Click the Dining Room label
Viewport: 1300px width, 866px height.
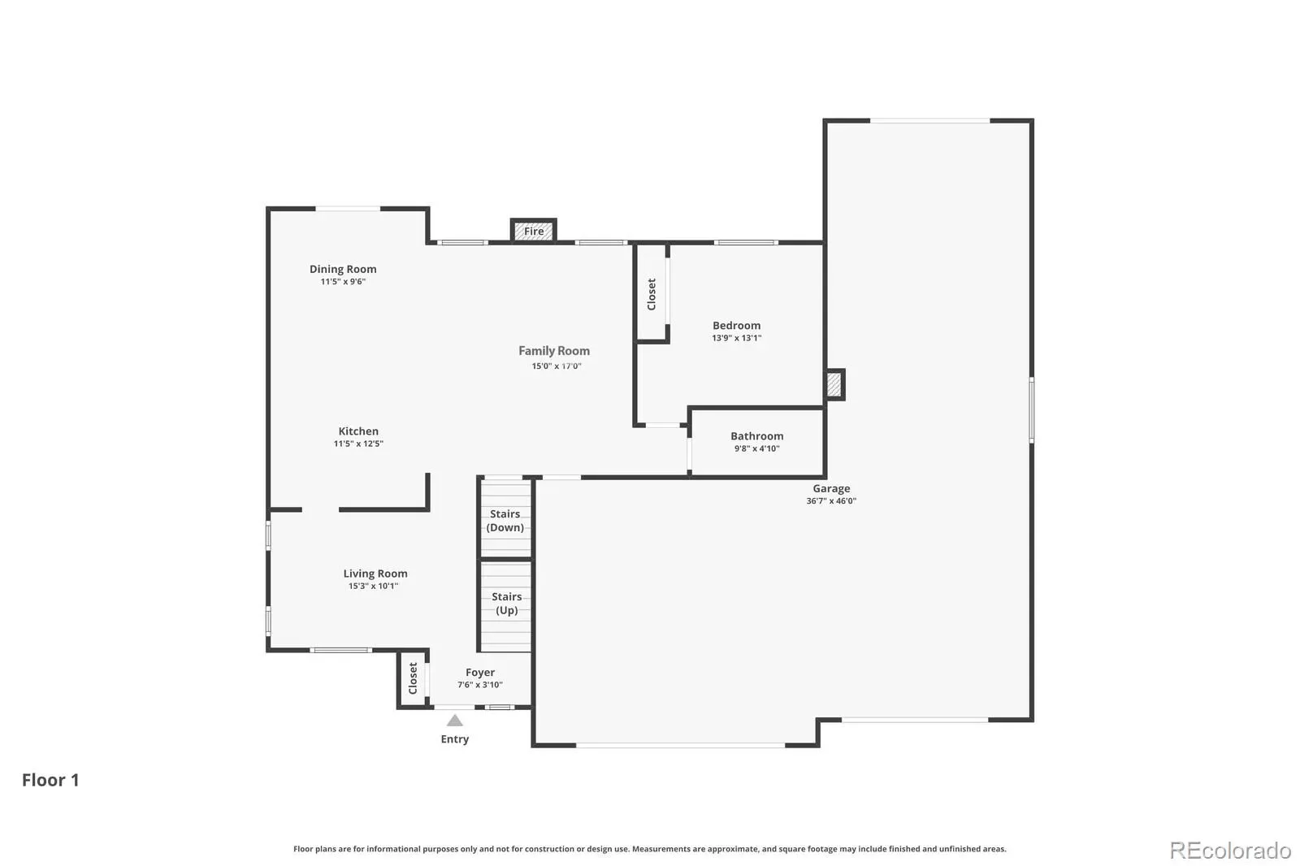[x=343, y=269]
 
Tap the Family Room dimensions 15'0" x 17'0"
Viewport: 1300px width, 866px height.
[x=557, y=366]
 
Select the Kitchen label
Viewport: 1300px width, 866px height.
[x=358, y=431]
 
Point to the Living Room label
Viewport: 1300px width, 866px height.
[x=375, y=574]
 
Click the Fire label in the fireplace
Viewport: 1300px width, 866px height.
[x=534, y=231]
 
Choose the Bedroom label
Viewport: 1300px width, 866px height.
[x=736, y=325]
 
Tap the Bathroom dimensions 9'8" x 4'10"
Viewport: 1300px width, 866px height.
[x=756, y=448]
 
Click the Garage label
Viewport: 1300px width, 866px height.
[x=831, y=489]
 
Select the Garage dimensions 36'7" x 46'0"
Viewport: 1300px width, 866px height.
[x=831, y=501]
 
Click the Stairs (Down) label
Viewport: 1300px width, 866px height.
[x=505, y=521]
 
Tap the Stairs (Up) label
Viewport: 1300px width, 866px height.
[x=507, y=603]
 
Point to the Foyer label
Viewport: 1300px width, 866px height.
[x=480, y=672]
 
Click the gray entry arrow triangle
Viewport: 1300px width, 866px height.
[x=454, y=721]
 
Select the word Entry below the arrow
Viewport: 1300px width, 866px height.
[x=454, y=739]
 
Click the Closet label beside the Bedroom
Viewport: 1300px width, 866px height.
[x=651, y=294]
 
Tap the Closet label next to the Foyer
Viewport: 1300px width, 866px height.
[x=413, y=678]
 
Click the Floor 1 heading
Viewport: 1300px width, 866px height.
[x=50, y=780]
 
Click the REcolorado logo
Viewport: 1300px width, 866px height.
[x=1230, y=851]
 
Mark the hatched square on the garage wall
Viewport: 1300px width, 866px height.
[x=834, y=384]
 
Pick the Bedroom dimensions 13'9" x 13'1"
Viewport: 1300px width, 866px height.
[x=736, y=338]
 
